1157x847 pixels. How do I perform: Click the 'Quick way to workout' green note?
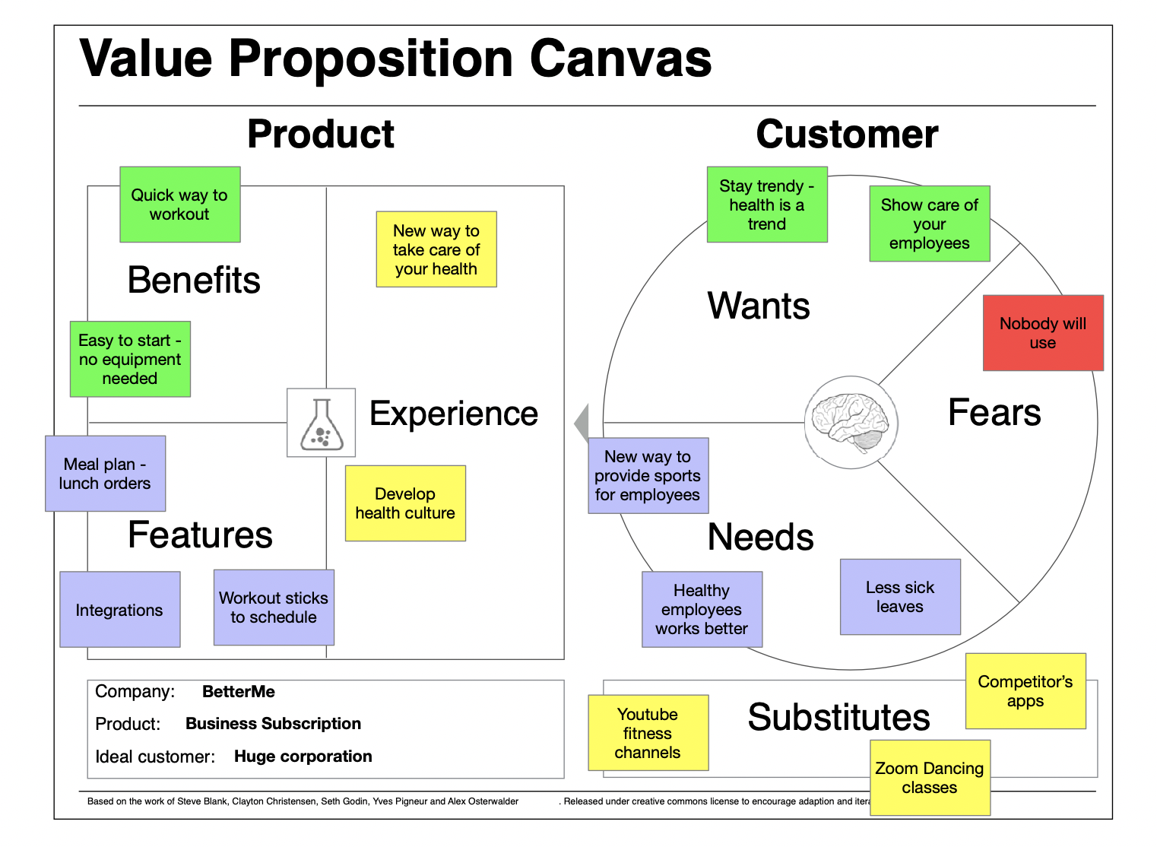tap(180, 205)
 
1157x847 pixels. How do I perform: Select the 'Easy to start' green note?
tap(130, 359)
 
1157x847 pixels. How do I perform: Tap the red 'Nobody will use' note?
tap(1043, 333)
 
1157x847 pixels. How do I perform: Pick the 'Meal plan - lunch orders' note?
tap(105, 473)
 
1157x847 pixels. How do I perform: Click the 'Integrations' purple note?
tap(120, 610)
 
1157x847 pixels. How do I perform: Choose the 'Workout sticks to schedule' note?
tap(274, 607)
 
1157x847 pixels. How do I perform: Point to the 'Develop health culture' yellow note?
tap(405, 503)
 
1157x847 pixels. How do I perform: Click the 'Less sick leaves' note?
tap(900, 597)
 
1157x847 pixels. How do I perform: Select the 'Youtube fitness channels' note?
tap(648, 733)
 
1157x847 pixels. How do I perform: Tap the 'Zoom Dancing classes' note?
tap(930, 778)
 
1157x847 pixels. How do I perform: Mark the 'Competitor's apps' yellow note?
tap(1025, 691)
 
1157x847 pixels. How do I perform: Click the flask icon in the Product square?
tap(321, 423)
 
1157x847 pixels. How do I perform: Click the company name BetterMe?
tap(239, 692)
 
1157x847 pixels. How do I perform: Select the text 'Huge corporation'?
tap(303, 757)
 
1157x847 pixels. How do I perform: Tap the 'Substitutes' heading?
tap(838, 717)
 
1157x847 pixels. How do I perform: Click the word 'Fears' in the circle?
tap(994, 413)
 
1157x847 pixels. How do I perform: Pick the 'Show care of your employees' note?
tap(930, 224)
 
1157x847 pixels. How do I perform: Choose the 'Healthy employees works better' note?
tap(702, 610)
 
